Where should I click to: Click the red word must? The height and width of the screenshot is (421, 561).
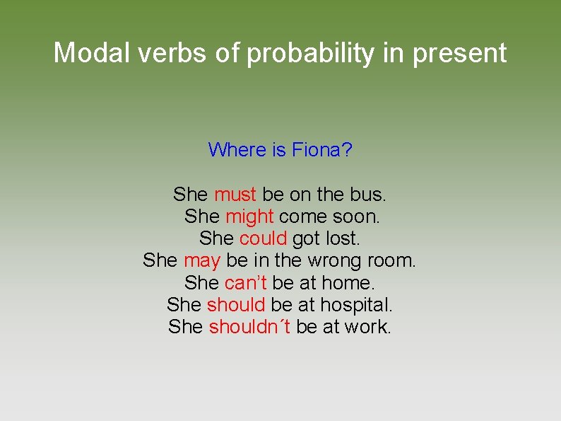(x=235, y=194)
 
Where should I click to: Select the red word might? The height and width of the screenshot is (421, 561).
(x=249, y=216)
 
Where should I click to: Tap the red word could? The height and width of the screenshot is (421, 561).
(x=263, y=238)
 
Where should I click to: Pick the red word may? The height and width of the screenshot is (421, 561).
(x=202, y=261)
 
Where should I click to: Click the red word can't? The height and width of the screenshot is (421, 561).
(x=245, y=283)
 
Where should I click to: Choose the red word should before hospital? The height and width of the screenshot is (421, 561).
(x=236, y=305)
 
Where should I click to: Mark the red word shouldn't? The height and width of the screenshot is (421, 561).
(x=250, y=327)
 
